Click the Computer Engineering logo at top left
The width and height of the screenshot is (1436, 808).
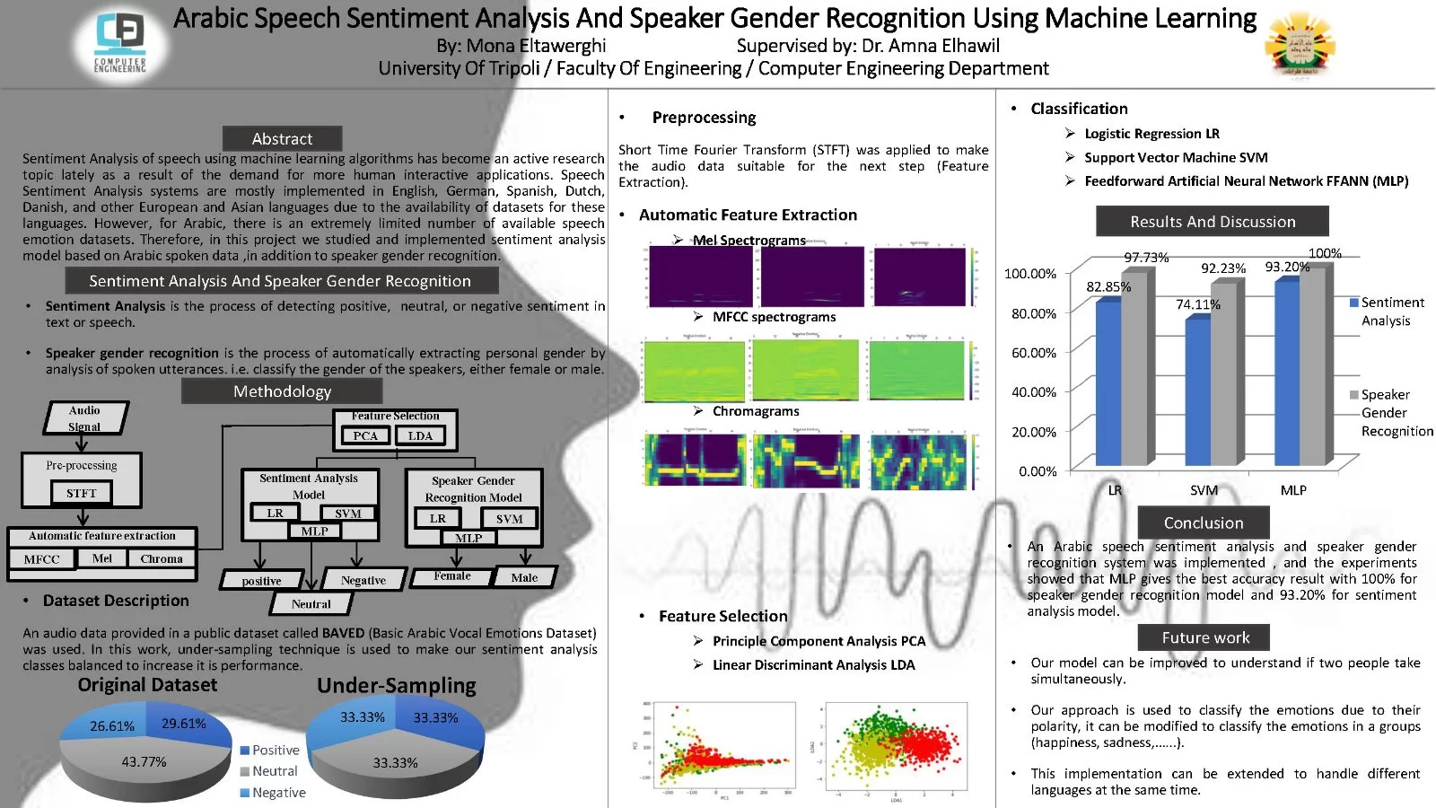point(120,42)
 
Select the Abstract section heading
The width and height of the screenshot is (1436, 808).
point(282,139)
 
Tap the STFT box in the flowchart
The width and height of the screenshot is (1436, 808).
point(81,493)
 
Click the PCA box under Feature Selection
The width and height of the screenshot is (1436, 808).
point(365,435)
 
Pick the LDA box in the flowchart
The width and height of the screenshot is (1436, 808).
point(420,435)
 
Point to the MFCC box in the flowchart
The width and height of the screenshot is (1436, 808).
point(42,558)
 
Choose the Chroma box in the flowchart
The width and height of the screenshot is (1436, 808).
point(162,558)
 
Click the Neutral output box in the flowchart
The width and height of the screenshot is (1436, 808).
point(311,604)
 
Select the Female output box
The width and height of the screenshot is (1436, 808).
point(452,576)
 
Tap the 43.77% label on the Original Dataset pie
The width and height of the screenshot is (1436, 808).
point(144,761)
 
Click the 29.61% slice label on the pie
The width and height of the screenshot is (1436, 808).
point(183,724)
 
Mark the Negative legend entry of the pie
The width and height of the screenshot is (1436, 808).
point(278,793)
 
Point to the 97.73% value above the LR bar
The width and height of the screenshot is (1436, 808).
point(1146,258)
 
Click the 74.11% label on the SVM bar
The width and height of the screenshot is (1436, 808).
point(1198,304)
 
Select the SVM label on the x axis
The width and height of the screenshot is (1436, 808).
point(1204,490)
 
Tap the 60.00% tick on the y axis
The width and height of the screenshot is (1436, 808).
point(1034,353)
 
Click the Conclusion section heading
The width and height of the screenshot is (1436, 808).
point(1204,523)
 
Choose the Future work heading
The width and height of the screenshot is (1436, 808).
point(1205,637)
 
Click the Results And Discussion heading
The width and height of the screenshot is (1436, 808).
point(1213,222)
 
